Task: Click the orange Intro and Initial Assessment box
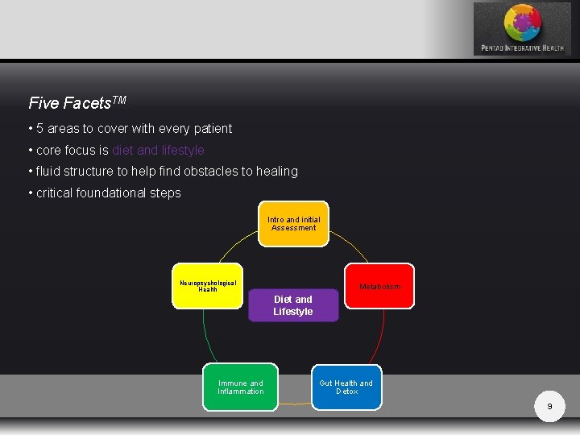[x=294, y=223]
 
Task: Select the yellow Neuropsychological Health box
[x=208, y=286]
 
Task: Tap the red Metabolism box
[x=379, y=286]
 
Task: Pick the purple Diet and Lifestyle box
[x=293, y=305]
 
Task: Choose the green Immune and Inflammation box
[x=240, y=387]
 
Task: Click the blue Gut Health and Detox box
[x=346, y=387]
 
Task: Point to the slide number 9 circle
[x=549, y=407]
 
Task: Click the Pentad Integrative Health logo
[x=522, y=28]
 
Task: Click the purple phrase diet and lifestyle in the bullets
[x=158, y=150]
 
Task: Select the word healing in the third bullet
[x=276, y=172]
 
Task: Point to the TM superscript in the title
[x=118, y=99]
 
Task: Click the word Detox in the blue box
[x=347, y=392]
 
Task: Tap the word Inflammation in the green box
[x=240, y=392]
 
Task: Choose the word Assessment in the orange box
[x=294, y=228]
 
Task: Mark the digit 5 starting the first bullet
[x=39, y=129]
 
